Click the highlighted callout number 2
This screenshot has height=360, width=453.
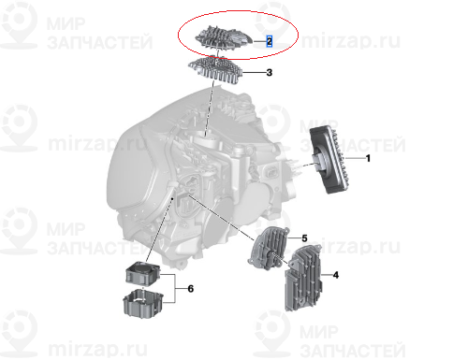point(269,41)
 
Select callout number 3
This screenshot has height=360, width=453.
point(270,73)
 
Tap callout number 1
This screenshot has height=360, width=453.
point(368,158)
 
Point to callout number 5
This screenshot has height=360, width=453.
point(304,238)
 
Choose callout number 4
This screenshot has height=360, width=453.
point(336,275)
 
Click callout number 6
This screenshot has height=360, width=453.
point(191,289)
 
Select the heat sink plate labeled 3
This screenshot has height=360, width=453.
point(215,70)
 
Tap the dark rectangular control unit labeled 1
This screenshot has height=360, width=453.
point(329,159)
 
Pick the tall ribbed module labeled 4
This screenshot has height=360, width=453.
point(304,278)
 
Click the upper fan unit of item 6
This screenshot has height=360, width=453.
point(142,273)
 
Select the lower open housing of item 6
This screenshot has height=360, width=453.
point(143,304)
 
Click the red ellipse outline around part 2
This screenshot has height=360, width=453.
point(238,11)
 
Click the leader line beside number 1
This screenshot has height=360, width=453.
point(356,158)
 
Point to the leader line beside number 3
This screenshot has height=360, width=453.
point(254,73)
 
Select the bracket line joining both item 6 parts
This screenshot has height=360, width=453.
point(175,289)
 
